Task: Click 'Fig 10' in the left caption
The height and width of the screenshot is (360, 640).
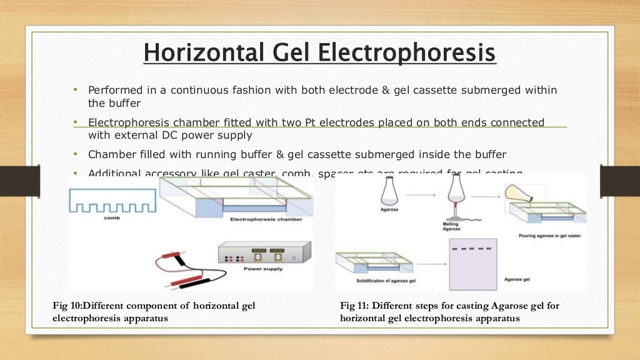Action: point(66,306)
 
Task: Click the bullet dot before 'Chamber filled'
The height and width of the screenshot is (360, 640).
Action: point(76,154)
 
